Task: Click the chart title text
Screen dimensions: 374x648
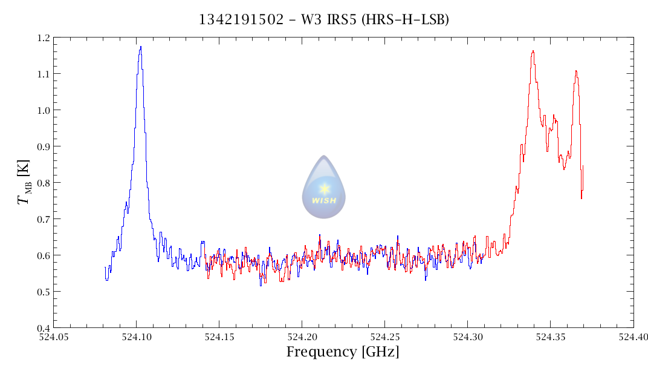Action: coord(324,20)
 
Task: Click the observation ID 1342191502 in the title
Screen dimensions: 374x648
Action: coord(241,20)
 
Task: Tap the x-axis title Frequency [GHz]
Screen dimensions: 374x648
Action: coord(343,352)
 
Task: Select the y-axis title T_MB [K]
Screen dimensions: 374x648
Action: coord(24,182)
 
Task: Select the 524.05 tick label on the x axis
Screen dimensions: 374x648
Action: coord(54,336)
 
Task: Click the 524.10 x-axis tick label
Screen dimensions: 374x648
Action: coord(137,336)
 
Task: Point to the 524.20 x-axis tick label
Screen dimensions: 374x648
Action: coord(302,336)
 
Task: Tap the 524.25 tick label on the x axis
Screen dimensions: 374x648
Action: coord(385,336)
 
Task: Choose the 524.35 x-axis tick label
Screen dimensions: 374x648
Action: coord(551,336)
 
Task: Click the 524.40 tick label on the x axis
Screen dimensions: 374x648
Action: coord(633,336)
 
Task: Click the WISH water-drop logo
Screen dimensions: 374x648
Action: coord(324,188)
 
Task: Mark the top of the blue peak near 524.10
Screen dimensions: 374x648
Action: coord(140,47)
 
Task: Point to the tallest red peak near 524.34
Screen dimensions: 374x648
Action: coord(533,51)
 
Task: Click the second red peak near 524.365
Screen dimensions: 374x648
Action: coord(576,71)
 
